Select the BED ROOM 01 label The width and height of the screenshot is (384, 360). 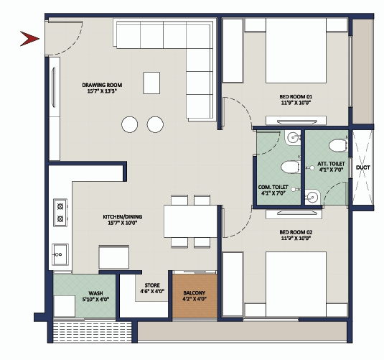point(296,98)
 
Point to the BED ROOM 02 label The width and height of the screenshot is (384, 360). point(296,235)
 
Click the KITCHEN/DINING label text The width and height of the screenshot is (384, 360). point(120,218)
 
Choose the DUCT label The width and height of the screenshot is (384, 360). point(362,170)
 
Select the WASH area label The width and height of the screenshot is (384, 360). point(95,295)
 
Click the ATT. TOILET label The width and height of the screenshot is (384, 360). point(332,167)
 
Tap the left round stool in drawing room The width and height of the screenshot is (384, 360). point(130,124)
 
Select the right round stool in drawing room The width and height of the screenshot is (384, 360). point(155,124)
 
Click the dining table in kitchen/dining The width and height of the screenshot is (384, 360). point(189,221)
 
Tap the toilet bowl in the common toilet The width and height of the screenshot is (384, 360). point(289,168)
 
